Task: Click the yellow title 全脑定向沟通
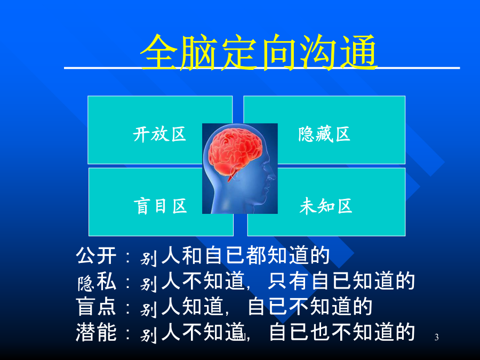pyautogui.click(x=259, y=52)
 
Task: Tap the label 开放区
pyautogui.click(x=159, y=134)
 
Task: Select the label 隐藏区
pyautogui.click(x=324, y=134)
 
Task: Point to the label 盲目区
pyautogui.click(x=160, y=206)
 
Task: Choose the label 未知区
pyautogui.click(x=326, y=206)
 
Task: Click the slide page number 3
pyautogui.click(x=436, y=338)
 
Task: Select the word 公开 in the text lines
pyautogui.click(x=96, y=255)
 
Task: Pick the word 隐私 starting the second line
pyautogui.click(x=97, y=281)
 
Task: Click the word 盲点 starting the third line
pyautogui.click(x=96, y=307)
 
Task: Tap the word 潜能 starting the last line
pyautogui.click(x=96, y=332)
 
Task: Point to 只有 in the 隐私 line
pyautogui.click(x=289, y=281)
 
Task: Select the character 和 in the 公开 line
pyautogui.click(x=192, y=255)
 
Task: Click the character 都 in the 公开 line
pyautogui.click(x=256, y=255)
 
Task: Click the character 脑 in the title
pyautogui.click(x=199, y=52)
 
